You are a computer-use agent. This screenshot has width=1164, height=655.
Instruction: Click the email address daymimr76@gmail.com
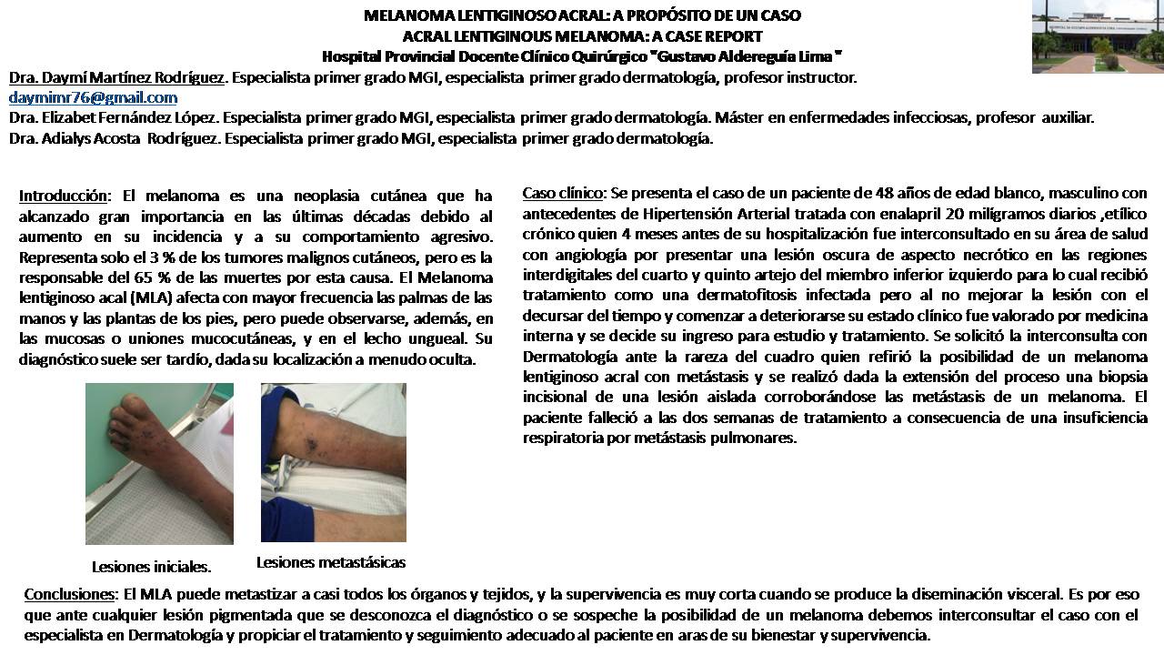93,97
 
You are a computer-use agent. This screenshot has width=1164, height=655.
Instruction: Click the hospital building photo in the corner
1098,36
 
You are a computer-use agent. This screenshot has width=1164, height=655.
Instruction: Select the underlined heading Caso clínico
562,193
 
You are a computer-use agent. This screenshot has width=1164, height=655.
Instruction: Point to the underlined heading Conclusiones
68,594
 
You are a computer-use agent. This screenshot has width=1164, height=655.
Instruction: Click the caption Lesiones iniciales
151,567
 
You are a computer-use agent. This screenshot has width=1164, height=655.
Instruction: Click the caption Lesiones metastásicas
331,562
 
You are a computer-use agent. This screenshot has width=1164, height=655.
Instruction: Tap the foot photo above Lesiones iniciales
159,463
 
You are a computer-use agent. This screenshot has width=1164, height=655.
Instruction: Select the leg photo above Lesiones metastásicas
333,462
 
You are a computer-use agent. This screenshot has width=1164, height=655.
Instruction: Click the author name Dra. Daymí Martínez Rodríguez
116,77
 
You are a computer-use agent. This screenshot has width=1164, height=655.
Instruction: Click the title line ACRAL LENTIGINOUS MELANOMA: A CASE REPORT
582,36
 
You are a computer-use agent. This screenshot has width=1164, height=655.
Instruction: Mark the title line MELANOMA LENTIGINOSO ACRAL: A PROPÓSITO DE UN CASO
582,15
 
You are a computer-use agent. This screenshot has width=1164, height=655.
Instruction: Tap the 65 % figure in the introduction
133,277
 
